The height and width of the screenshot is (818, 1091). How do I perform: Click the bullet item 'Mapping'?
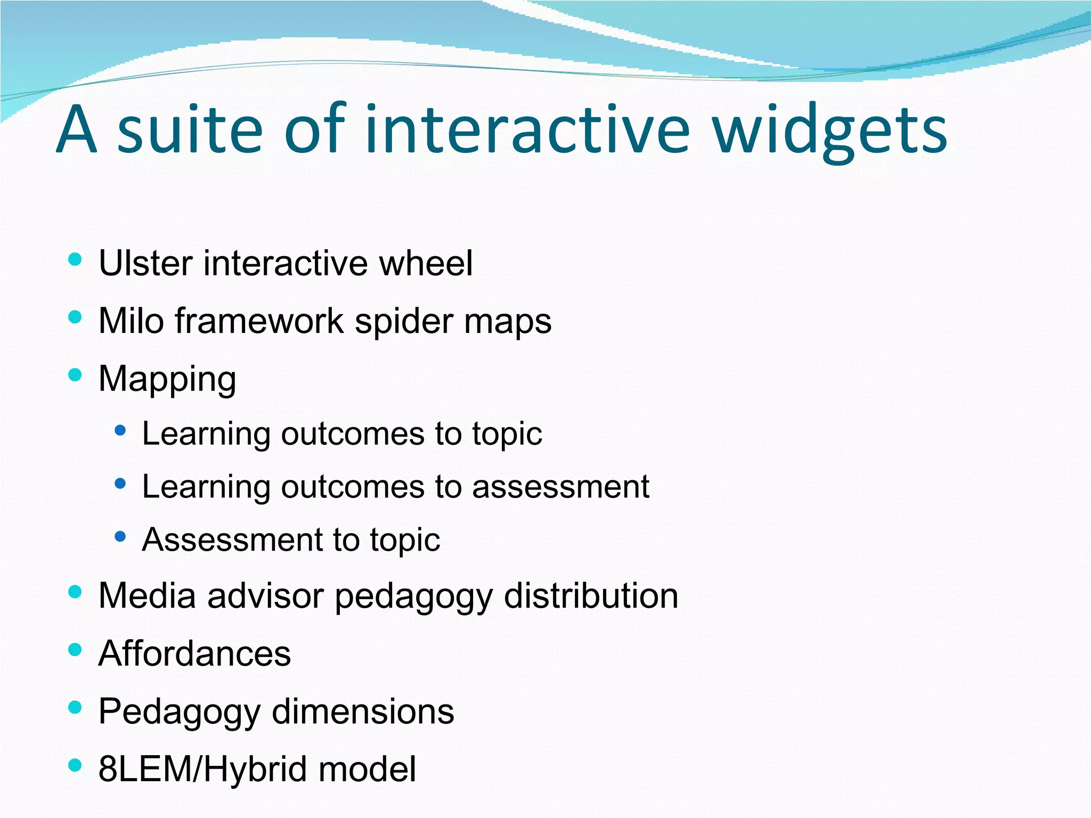click(167, 380)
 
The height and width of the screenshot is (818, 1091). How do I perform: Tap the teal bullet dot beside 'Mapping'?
click(75, 375)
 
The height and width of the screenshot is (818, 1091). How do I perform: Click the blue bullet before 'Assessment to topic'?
click(120, 536)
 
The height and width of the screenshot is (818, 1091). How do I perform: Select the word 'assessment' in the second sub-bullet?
click(560, 487)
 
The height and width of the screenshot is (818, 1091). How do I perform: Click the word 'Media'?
click(147, 595)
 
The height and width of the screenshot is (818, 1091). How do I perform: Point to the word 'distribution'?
click(591, 595)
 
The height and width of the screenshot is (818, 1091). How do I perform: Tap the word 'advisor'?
click(265, 595)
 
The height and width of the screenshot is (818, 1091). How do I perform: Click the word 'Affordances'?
click(194, 653)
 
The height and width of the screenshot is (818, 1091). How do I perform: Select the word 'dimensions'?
click(363, 711)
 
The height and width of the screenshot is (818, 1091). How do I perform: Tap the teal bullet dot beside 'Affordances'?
click(75, 649)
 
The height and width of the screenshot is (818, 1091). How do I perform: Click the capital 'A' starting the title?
click(77, 130)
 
